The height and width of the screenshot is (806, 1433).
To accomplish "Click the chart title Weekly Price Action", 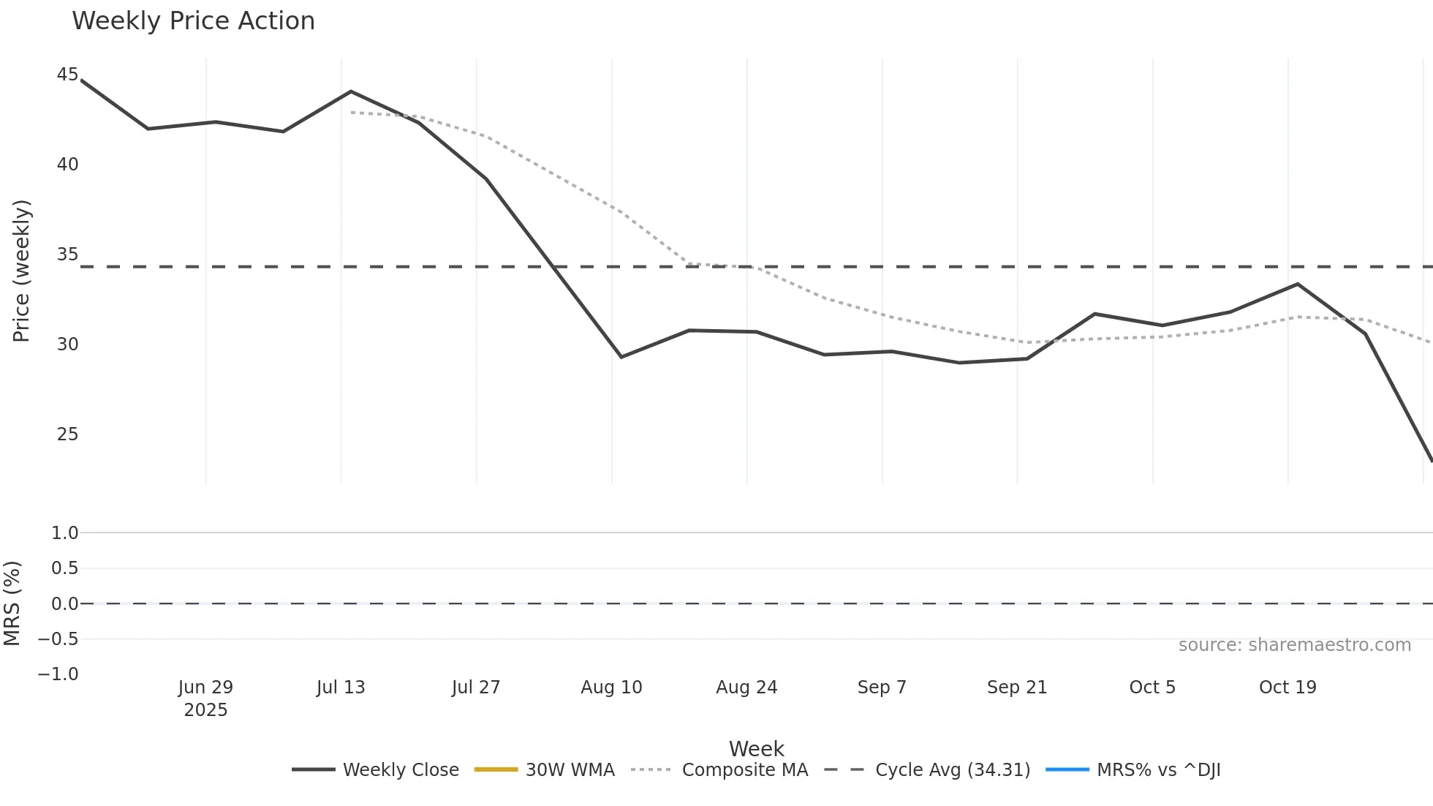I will coord(193,21).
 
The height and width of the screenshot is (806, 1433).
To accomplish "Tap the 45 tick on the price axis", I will coord(67,75).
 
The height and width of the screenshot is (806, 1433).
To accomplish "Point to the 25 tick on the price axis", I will coord(67,434).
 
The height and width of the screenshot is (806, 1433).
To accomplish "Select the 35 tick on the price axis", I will coord(67,255).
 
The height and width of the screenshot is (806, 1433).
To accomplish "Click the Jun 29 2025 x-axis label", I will coord(205,698).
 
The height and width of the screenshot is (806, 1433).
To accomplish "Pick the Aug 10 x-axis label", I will coord(611,688).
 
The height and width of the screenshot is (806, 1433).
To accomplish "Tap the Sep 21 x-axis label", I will coord(1017,688).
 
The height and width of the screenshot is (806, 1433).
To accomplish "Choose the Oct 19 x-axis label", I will coord(1288,688).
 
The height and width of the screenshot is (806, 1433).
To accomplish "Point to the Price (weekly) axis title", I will coord(21,271).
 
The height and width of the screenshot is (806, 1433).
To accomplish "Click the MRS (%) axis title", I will coord(12,603).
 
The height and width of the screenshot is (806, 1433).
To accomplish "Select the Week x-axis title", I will coord(756,749).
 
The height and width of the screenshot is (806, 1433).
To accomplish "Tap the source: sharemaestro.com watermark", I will coord(1294,645).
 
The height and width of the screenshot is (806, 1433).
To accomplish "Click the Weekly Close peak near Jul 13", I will coord(351,91).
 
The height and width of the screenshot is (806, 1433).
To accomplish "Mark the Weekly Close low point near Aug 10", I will coord(621,357).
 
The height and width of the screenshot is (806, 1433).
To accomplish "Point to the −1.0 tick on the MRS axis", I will coord(58,674).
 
